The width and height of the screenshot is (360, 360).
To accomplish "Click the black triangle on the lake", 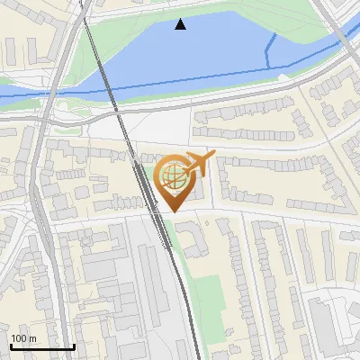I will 181,24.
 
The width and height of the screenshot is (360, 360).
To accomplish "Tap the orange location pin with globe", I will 173,181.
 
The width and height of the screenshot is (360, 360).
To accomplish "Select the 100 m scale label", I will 23,338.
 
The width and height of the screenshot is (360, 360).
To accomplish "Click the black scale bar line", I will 41,347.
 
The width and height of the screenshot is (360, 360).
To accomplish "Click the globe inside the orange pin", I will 170,174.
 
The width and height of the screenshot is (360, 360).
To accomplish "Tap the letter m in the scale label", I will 31,338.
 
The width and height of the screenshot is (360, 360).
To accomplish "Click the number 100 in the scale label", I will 19,338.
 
